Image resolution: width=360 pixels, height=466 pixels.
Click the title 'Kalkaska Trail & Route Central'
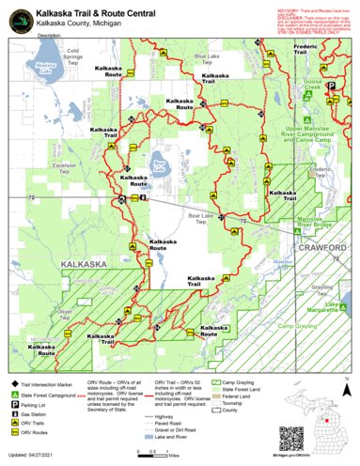110,8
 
